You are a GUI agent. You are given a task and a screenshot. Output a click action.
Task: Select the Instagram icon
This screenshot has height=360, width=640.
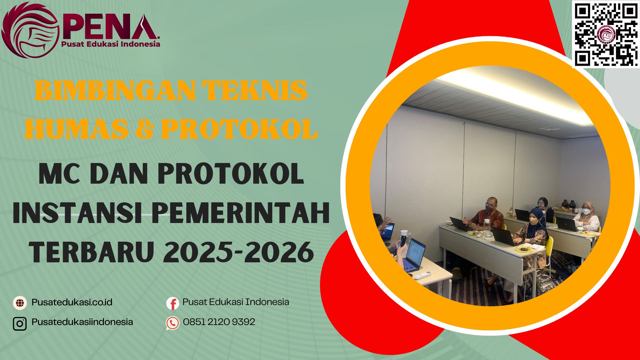click(20, 323)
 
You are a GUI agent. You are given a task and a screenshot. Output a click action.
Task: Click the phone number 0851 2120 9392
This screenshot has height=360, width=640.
click(219, 322)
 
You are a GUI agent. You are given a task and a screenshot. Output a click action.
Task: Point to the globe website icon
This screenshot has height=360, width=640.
click(20, 303)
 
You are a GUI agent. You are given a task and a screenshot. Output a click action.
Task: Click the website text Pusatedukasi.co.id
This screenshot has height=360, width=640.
click(72, 302)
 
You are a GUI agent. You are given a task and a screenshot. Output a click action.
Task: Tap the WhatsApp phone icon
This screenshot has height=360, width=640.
click(173, 323)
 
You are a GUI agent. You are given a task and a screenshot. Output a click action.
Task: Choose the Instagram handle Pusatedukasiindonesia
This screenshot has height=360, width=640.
click(82, 322)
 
